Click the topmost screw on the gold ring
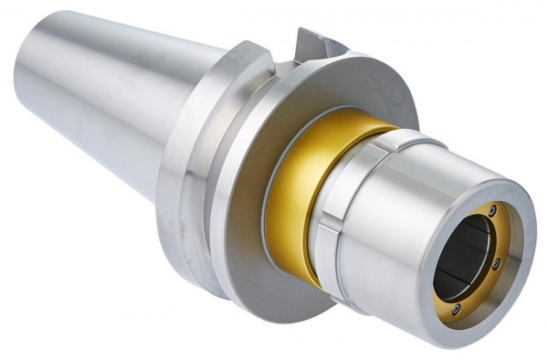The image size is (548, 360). (x=492, y=211)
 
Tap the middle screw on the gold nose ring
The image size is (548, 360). (x=496, y=264)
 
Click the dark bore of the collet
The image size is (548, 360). (x=466, y=251)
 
